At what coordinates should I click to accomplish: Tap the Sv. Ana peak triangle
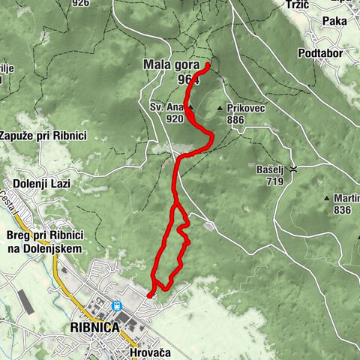[190, 107]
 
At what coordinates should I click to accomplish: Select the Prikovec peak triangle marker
[220, 109]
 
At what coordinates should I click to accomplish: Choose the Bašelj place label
[273, 169]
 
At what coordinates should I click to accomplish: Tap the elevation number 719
[273, 181]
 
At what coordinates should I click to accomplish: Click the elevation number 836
[342, 210]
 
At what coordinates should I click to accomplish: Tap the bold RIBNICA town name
[94, 328]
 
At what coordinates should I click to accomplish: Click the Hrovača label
[150, 352]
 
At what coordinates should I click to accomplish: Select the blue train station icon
[118, 306]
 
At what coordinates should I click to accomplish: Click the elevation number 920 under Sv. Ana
[174, 118]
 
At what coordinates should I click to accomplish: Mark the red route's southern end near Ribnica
[149, 295]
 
